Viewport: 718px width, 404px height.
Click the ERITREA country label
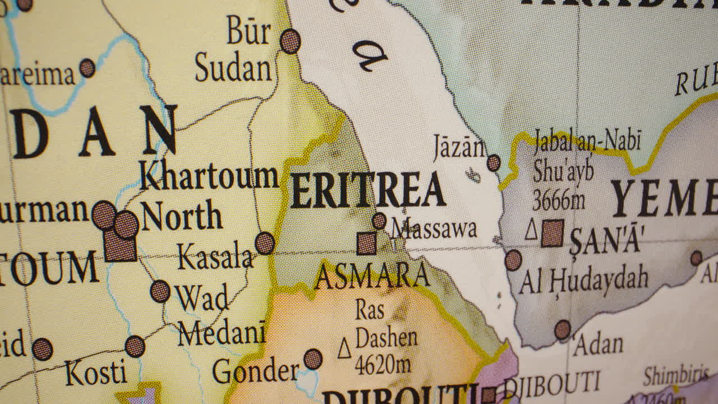pyautogui.click(x=367, y=191)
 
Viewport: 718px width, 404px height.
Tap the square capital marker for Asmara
pyautogui.click(x=367, y=243)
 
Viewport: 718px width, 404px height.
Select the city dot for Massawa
pyautogui.click(x=379, y=221)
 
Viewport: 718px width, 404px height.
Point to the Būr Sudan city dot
pyautogui.click(x=290, y=41)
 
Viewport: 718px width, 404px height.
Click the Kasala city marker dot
pyautogui.click(x=265, y=243)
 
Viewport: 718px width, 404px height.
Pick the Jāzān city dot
pyautogui.click(x=494, y=163)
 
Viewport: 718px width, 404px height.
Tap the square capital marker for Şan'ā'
pyautogui.click(x=553, y=233)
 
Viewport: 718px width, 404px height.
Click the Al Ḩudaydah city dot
pyautogui.click(x=513, y=260)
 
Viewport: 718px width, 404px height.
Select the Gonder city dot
pyautogui.click(x=313, y=359)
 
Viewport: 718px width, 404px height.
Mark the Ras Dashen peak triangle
pyautogui.click(x=344, y=348)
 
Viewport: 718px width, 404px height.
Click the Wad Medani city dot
pyautogui.click(x=160, y=291)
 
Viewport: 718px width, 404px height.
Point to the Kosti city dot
pyautogui.click(x=135, y=346)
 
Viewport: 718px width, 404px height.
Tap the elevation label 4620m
pyautogui.click(x=383, y=365)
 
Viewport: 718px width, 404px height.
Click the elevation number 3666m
pyautogui.click(x=559, y=199)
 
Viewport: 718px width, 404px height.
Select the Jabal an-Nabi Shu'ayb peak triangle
pyautogui.click(x=531, y=230)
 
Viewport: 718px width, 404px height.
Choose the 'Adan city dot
pyautogui.click(x=563, y=330)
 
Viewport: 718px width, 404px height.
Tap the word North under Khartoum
pyautogui.click(x=181, y=217)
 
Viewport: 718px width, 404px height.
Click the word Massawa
pyautogui.click(x=435, y=229)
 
